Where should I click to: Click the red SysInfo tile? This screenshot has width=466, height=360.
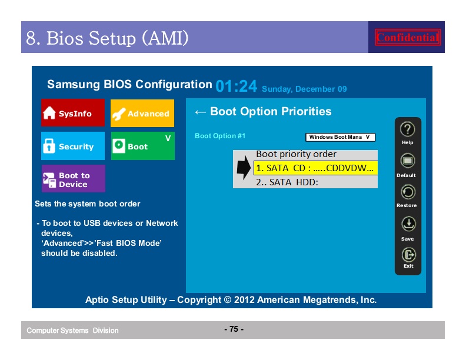click(x=73, y=113)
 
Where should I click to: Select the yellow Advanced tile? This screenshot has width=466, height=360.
click(x=142, y=113)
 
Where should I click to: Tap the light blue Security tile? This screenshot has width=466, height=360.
click(x=73, y=146)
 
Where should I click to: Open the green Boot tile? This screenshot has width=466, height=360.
click(x=142, y=146)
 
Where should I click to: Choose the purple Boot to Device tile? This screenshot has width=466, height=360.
click(x=74, y=178)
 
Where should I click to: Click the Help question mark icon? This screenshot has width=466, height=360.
click(x=407, y=129)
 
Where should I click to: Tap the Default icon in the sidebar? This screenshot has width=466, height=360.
click(x=407, y=161)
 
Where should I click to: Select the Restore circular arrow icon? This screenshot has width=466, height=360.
click(x=408, y=192)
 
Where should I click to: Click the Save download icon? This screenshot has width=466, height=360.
click(x=408, y=224)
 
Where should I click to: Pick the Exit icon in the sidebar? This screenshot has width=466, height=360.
click(x=409, y=255)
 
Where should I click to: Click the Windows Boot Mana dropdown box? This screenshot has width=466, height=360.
click(x=340, y=137)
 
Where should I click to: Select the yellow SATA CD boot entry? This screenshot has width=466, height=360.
click(x=315, y=168)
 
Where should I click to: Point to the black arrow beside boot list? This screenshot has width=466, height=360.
click(x=244, y=168)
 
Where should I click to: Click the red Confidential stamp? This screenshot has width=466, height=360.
click(x=407, y=38)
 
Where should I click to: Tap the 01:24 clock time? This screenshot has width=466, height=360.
click(x=237, y=86)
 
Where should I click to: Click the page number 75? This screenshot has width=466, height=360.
click(x=234, y=329)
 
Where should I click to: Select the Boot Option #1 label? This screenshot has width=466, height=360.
click(x=220, y=136)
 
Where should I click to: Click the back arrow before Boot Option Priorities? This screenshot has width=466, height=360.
click(x=200, y=112)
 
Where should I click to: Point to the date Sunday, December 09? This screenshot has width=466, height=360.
click(x=304, y=89)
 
